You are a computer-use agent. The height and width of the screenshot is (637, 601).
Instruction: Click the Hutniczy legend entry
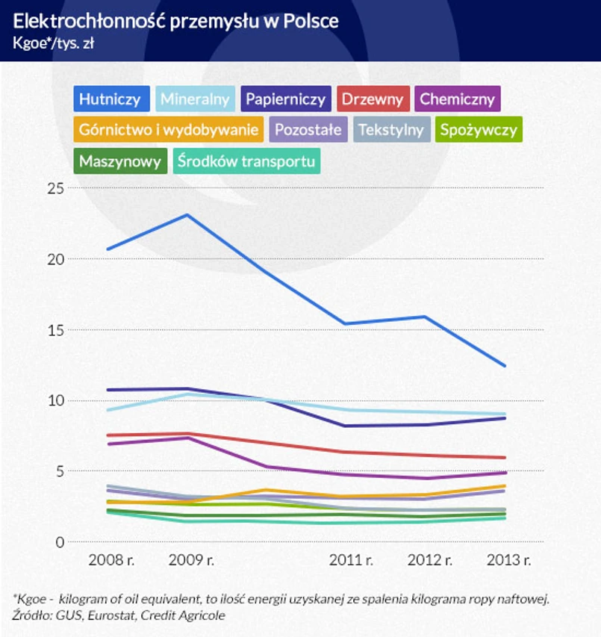tap(110, 99)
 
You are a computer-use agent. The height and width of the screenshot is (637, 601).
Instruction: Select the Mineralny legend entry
tap(196, 99)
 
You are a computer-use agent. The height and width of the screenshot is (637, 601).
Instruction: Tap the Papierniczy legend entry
tap(286, 99)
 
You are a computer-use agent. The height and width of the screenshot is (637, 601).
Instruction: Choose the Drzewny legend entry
tap(373, 99)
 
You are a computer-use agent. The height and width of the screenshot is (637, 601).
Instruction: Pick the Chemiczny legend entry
tap(457, 99)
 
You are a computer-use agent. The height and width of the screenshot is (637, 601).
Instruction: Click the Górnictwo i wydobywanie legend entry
tap(169, 129)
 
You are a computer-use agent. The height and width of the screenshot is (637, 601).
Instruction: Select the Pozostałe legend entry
tap(308, 129)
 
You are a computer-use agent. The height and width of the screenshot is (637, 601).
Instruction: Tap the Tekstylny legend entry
tap(391, 129)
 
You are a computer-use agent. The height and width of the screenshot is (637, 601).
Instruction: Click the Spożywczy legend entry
tap(479, 129)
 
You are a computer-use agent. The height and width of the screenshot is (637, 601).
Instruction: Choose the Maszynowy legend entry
tap(120, 161)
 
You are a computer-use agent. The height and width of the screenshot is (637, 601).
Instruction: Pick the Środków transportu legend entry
tap(246, 161)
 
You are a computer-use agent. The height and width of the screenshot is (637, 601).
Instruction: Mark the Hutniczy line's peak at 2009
tap(187, 215)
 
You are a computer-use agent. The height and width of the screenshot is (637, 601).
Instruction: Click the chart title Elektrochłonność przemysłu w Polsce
tap(175, 20)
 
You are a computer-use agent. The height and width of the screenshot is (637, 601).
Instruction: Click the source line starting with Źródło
tap(119, 615)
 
